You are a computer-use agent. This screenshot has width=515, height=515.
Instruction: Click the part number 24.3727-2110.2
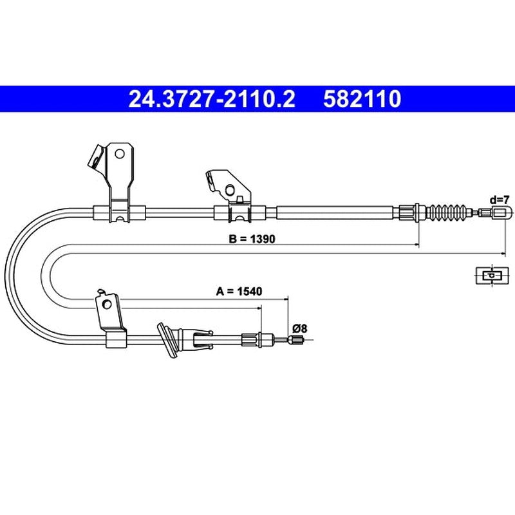pyautogui.click(x=212, y=99)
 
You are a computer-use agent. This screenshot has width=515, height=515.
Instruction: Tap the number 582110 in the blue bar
pyautogui.click(x=362, y=99)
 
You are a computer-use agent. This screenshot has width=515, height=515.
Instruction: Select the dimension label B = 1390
pyautogui.click(x=252, y=239)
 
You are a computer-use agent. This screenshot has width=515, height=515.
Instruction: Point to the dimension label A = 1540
pyautogui.click(x=239, y=291)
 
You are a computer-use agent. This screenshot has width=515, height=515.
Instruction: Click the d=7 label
pyautogui.click(x=500, y=200)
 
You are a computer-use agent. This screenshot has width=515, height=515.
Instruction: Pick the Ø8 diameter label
pyautogui.click(x=299, y=328)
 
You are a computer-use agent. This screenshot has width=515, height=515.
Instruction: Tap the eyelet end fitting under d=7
pyautogui.click(x=501, y=212)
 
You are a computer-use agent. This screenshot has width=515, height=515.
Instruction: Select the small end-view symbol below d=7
pyautogui.click(x=492, y=276)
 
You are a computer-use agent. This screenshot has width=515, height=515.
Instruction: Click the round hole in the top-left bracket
pyautogui.click(x=120, y=154)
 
